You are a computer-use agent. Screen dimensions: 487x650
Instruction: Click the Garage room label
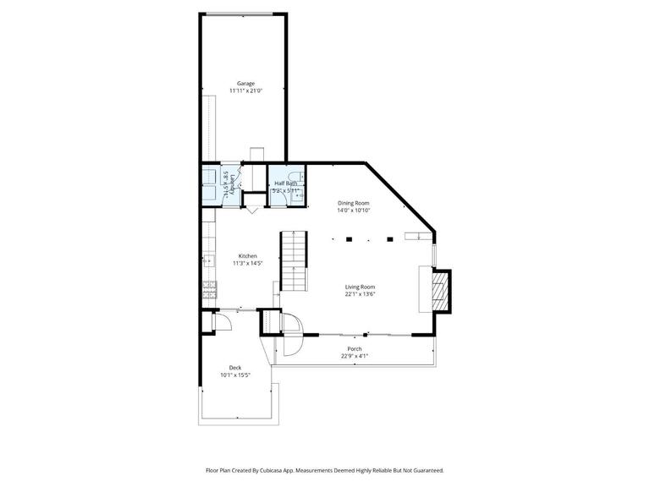click(x=245, y=84)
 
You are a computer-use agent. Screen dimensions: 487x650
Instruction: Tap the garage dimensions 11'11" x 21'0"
click(x=245, y=90)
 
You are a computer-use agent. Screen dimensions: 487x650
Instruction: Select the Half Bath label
click(x=284, y=183)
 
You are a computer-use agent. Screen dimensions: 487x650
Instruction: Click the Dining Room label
click(x=354, y=203)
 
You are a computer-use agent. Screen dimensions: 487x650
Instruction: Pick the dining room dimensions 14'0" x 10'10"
click(x=354, y=211)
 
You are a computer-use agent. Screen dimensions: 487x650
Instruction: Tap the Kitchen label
click(x=247, y=256)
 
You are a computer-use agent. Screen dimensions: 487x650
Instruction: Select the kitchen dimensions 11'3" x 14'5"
click(x=247, y=263)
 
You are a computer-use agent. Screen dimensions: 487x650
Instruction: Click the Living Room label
click(x=360, y=287)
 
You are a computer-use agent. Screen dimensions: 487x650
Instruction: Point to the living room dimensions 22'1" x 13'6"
click(x=360, y=295)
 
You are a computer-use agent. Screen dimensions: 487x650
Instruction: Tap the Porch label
click(x=355, y=348)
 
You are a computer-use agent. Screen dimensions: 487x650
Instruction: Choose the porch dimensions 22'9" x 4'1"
click(x=355, y=356)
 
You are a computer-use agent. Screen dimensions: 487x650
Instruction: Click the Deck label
click(x=235, y=367)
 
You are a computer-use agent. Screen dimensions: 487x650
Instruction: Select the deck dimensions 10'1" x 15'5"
click(x=235, y=375)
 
